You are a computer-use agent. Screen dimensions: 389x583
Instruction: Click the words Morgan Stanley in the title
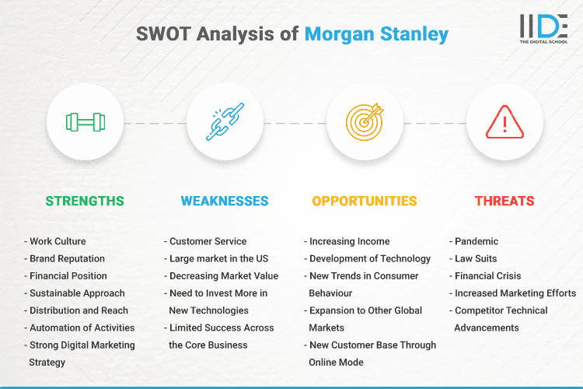coord(376,34)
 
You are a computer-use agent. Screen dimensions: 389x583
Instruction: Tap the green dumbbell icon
coord(85,122)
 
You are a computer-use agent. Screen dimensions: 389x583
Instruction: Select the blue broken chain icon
coord(225,122)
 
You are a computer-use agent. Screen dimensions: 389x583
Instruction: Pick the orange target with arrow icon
coord(365,122)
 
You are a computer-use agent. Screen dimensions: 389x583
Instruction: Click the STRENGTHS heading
coord(85,201)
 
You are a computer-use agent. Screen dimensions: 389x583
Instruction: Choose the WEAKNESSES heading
coord(225,201)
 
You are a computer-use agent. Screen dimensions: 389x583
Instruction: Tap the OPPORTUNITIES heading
coord(365,201)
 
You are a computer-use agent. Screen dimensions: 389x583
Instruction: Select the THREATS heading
coord(504,201)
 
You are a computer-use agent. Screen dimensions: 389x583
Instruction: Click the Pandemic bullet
coord(475,241)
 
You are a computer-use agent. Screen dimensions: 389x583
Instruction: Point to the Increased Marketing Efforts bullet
coord(514,293)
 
